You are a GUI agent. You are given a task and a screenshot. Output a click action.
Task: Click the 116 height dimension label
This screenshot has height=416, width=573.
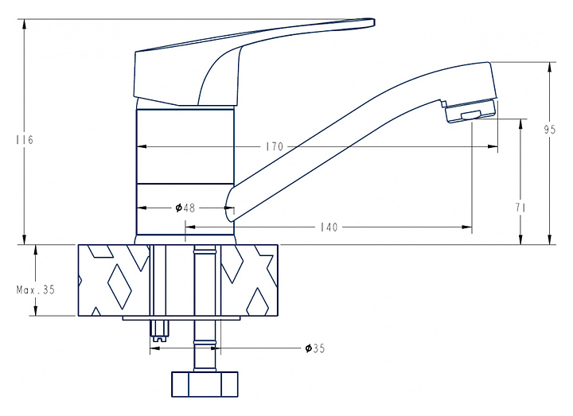(x=24, y=140)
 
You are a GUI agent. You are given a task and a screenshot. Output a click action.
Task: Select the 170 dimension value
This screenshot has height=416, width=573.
(x=275, y=146)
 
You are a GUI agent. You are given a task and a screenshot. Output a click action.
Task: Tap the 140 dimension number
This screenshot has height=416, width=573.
(x=329, y=227)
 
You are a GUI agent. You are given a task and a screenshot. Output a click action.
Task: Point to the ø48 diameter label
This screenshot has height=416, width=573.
(x=185, y=208)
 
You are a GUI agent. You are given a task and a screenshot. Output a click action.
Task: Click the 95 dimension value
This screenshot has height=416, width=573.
(x=549, y=130)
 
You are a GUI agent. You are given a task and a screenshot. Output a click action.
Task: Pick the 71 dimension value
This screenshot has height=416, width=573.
(x=521, y=208)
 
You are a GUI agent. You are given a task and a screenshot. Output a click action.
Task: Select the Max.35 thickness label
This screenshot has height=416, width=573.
(x=36, y=290)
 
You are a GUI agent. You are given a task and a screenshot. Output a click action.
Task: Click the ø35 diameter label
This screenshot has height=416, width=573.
(x=315, y=348)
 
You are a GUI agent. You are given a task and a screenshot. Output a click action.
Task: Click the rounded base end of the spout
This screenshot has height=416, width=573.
(x=232, y=205)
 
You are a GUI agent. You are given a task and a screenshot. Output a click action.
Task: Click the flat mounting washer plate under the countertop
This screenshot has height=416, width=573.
(x=181, y=319)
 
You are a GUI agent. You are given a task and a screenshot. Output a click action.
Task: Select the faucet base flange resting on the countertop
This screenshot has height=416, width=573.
(x=185, y=239)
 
